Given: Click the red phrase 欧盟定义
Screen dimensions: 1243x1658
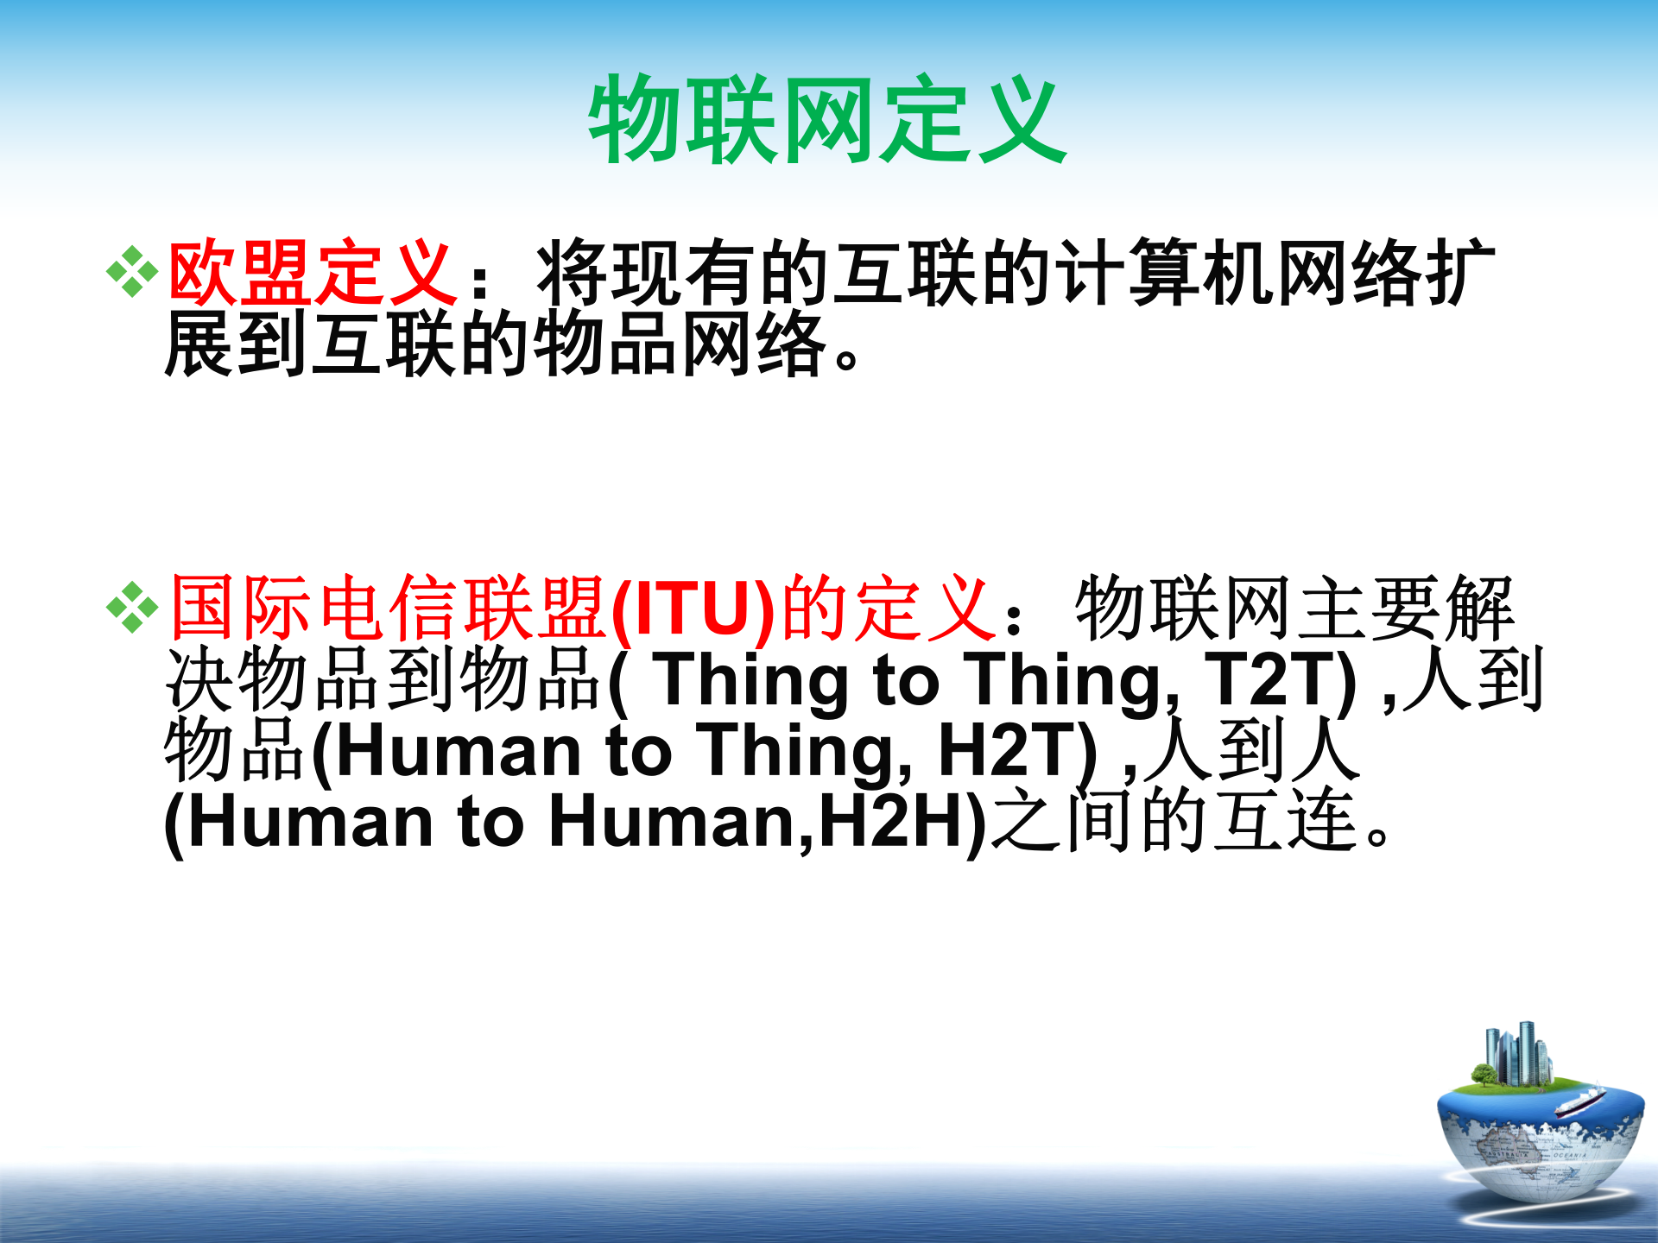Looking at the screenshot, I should (313, 274).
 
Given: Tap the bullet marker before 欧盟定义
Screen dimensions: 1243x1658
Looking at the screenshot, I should (132, 272).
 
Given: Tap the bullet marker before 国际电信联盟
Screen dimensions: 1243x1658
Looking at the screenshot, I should (132, 608).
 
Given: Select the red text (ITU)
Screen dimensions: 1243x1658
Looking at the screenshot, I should (693, 609).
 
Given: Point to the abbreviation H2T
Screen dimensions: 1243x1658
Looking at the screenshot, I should (1017, 751).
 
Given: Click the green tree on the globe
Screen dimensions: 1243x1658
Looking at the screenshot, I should (1484, 1076).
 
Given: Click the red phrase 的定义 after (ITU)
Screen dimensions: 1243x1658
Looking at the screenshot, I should (889, 608).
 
